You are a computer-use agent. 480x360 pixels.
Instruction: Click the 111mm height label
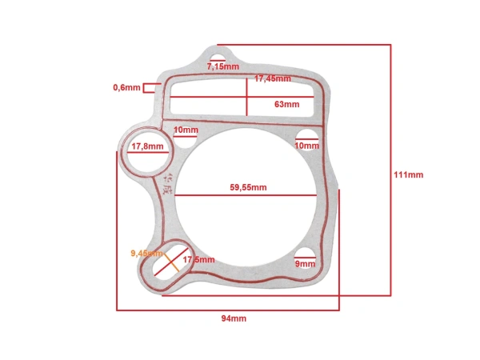coord(409,175)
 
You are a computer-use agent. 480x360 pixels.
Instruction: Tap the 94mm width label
coord(234,318)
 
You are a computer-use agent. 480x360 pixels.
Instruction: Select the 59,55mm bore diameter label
coord(248,187)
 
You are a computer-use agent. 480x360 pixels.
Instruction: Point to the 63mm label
coord(286,104)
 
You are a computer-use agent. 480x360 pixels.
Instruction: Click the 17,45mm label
coord(272,78)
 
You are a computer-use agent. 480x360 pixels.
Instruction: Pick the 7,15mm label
coord(222,67)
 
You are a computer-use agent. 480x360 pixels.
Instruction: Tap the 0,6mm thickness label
coord(126,87)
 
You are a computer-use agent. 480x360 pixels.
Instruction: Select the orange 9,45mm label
coord(146,253)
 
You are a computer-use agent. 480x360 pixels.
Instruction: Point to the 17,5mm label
coord(198,260)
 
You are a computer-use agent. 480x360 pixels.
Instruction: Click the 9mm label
coord(305,263)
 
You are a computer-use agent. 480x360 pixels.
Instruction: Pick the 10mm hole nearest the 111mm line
coord(306,137)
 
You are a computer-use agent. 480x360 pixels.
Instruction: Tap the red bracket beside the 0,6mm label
coord(149,87)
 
